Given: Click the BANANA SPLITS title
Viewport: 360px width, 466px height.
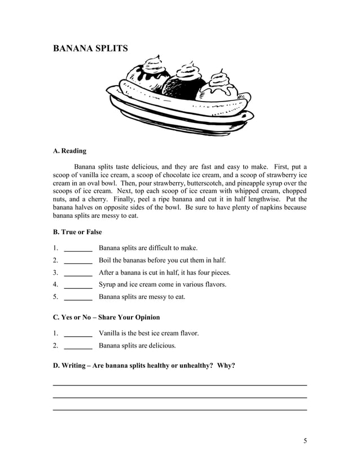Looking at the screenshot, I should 90,49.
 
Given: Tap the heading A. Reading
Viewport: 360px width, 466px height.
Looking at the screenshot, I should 69,151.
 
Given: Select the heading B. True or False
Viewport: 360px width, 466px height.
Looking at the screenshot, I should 77,232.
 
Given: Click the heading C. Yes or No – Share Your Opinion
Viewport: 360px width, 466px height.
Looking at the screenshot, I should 106,317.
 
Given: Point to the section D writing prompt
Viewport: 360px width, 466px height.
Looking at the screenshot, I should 144,365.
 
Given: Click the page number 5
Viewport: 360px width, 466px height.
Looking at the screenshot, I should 305,441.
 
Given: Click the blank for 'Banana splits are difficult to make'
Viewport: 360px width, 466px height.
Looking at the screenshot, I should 78,248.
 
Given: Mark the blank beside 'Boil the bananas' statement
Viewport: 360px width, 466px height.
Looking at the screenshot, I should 78,261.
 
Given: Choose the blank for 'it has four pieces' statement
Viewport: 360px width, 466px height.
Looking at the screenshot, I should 78,272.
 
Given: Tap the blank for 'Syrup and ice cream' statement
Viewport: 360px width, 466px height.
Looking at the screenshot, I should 78,285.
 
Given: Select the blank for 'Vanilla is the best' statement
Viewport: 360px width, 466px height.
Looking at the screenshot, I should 78,333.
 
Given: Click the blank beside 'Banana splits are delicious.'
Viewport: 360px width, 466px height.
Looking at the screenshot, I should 78,346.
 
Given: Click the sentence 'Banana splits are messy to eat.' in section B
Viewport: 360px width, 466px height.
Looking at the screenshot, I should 142,297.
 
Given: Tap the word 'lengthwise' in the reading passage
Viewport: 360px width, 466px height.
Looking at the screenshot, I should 255,199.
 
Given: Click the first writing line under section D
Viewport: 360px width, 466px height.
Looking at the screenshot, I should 179,385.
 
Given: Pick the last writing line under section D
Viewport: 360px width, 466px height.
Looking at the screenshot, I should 179,410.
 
